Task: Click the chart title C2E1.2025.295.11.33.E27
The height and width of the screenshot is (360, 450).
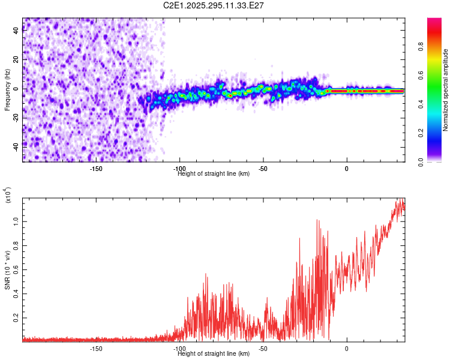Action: (214, 5)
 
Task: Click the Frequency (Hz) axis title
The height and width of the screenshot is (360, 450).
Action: (7, 90)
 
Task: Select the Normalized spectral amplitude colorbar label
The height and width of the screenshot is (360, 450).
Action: (446, 90)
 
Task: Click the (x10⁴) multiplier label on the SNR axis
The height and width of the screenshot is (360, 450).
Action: (8, 195)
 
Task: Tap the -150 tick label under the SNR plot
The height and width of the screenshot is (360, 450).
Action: (96, 348)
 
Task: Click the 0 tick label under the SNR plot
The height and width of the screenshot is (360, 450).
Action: (346, 348)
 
